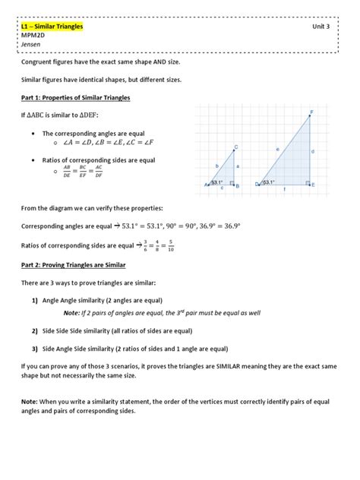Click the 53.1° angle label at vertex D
click(268, 182)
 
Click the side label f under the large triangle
click(285, 190)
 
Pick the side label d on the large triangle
click(314, 152)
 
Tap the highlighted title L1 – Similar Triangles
click(52, 27)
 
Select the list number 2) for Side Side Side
click(35, 331)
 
